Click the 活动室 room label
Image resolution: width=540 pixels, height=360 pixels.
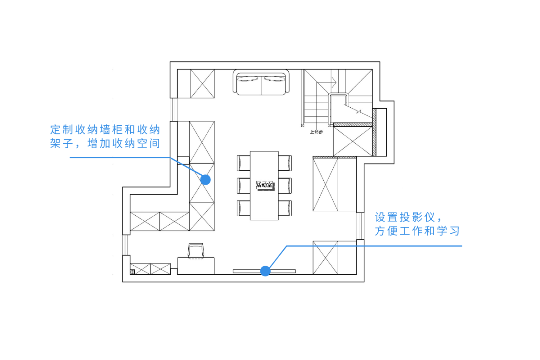click(x=264, y=185)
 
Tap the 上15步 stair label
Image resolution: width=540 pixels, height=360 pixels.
click(x=317, y=132)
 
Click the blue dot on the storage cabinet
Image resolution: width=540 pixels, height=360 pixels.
click(x=205, y=179)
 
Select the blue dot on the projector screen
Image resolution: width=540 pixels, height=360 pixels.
click(x=265, y=271)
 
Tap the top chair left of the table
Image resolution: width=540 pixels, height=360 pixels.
click(x=243, y=163)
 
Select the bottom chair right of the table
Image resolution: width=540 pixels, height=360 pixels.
click(x=284, y=208)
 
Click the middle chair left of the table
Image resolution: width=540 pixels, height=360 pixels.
click(x=243, y=185)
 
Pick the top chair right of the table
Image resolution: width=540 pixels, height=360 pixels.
click(x=284, y=163)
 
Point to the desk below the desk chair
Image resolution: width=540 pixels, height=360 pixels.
click(x=196, y=265)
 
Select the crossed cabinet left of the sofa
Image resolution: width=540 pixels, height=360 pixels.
click(x=202, y=83)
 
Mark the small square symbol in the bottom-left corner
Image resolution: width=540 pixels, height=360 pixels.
click(x=132, y=272)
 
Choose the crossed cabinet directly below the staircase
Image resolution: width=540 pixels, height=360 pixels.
click(x=353, y=141)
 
